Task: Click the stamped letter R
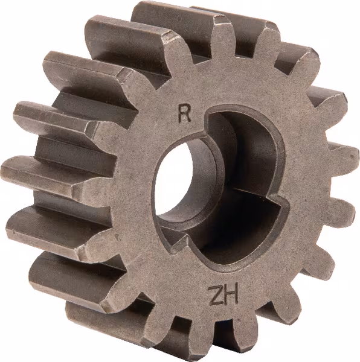click(x=185, y=113)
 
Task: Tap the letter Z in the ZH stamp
click(x=216, y=295)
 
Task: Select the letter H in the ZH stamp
click(x=231, y=296)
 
